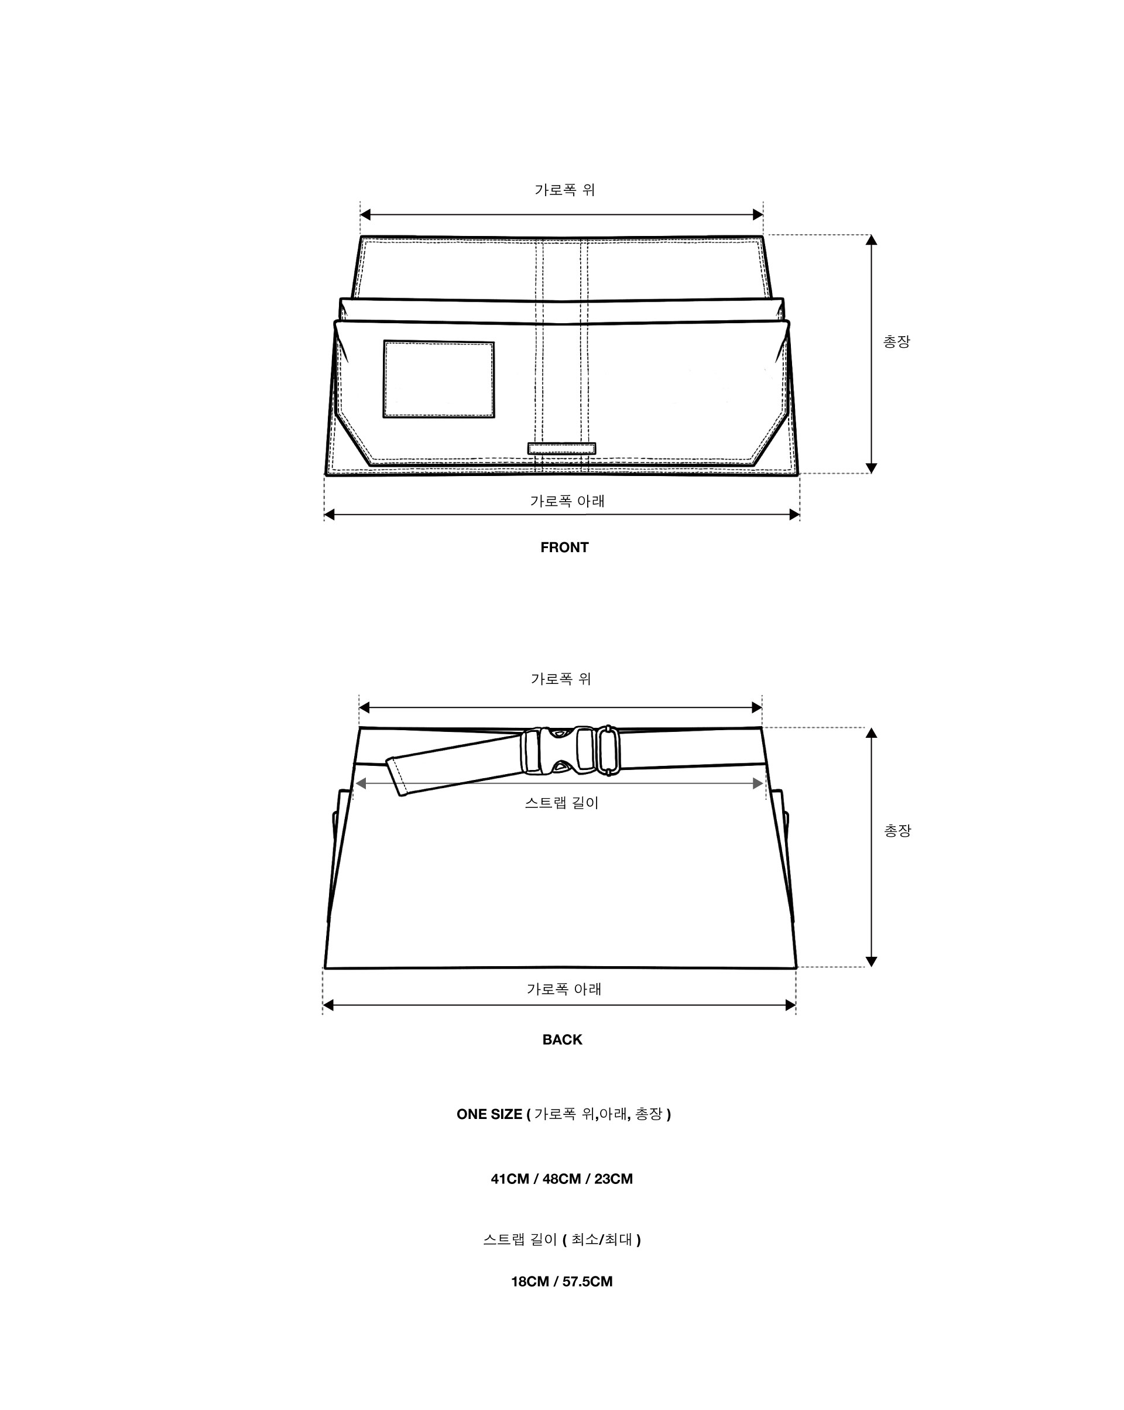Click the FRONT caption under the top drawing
(564, 547)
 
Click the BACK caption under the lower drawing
(561, 1039)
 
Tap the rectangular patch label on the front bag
(438, 379)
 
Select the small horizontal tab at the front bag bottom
(561, 448)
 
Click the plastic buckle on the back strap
(557, 750)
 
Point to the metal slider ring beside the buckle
(609, 750)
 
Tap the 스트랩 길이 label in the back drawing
(561, 802)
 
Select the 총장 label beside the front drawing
(896, 341)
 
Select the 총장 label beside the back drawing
(897, 830)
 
